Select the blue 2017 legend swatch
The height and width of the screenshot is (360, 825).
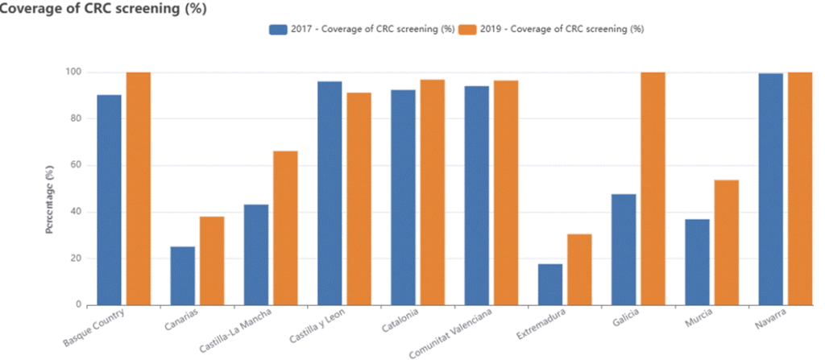pos(278,29)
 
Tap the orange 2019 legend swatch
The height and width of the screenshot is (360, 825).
pos(468,29)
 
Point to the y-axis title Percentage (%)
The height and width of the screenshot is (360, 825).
pos(50,201)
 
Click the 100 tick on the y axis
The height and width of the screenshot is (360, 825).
pos(73,72)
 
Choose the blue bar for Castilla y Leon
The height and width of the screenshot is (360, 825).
pos(330,193)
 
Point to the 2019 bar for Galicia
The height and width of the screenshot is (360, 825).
pos(653,188)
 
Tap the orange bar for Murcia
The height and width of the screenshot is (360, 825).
pos(726,242)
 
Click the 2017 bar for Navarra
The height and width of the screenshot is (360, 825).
pos(770,189)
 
